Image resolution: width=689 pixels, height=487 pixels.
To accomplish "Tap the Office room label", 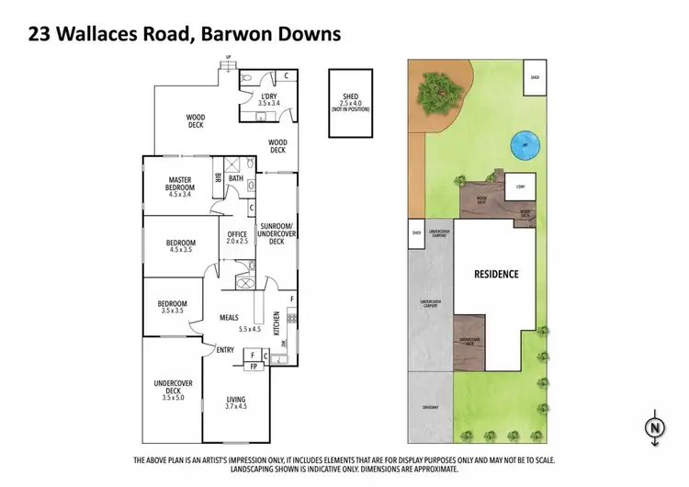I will pyautogui.click(x=237, y=235).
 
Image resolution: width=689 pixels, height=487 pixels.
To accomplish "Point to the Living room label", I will pyautogui.click(x=237, y=400).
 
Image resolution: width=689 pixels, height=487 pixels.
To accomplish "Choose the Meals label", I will pyautogui.click(x=229, y=317).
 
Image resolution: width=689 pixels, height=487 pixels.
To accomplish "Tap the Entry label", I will pyautogui.click(x=225, y=349).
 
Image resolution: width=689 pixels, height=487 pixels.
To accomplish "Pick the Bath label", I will pyautogui.click(x=235, y=179).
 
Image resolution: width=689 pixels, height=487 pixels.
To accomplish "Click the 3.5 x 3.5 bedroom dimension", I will pyautogui.click(x=172, y=311).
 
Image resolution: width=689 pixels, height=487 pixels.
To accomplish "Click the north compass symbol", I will pyautogui.click(x=653, y=428).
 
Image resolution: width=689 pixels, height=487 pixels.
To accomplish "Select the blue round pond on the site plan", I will pyautogui.click(x=525, y=143).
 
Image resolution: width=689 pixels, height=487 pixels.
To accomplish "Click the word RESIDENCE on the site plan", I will pyautogui.click(x=496, y=274).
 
